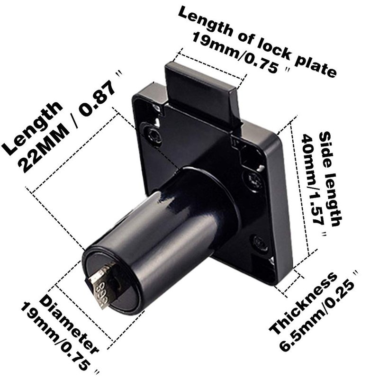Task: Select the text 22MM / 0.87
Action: [x=68, y=127]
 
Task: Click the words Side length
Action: [x=330, y=179]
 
